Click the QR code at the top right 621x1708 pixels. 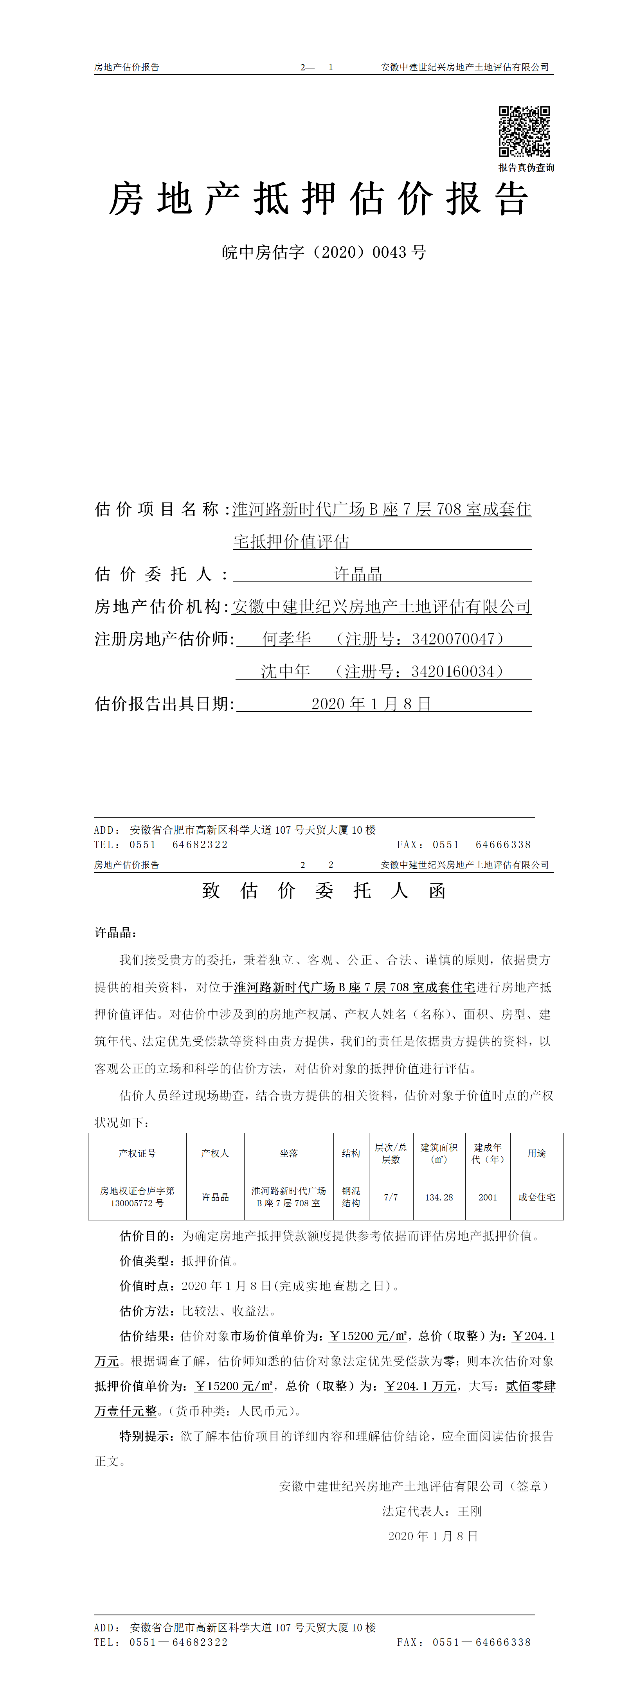[524, 131]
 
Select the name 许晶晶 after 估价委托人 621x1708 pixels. [358, 574]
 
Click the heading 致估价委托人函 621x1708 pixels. [324, 890]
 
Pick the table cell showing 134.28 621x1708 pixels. [439, 1197]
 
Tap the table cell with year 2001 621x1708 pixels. [488, 1197]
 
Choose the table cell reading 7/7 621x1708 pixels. [391, 1197]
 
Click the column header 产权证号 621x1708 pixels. [137, 1154]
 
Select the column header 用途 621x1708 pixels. [537, 1154]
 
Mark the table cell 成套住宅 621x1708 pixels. [537, 1197]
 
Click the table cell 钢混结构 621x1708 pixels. [351, 1197]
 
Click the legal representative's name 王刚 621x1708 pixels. [470, 1511]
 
